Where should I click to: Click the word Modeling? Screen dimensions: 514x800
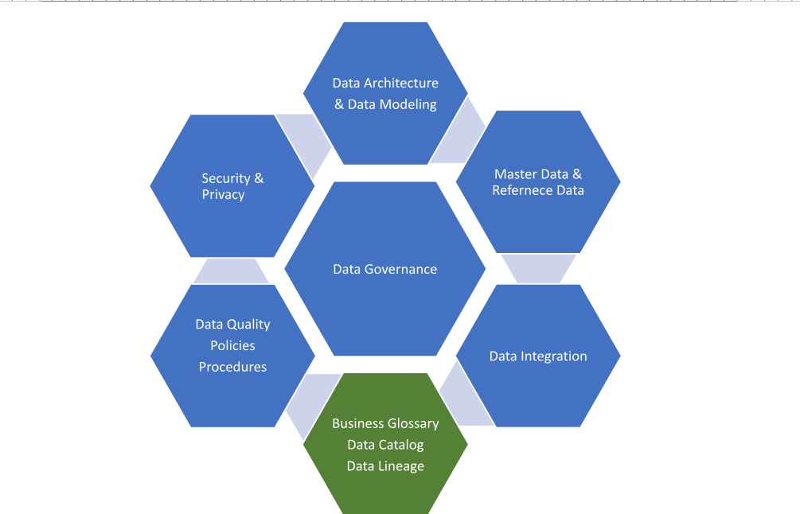click(408, 104)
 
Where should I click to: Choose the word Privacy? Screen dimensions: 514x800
click(223, 195)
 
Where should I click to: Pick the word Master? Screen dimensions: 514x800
click(514, 173)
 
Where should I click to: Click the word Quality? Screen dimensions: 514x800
click(248, 324)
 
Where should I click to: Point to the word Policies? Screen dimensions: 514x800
click(232, 345)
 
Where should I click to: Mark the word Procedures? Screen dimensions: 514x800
click(232, 367)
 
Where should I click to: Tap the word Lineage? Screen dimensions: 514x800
click(403, 466)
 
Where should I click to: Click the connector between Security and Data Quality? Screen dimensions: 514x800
click(231, 271)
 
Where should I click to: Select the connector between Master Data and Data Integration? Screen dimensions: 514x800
click(539, 269)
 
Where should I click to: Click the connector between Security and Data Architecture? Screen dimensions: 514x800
click(306, 139)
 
